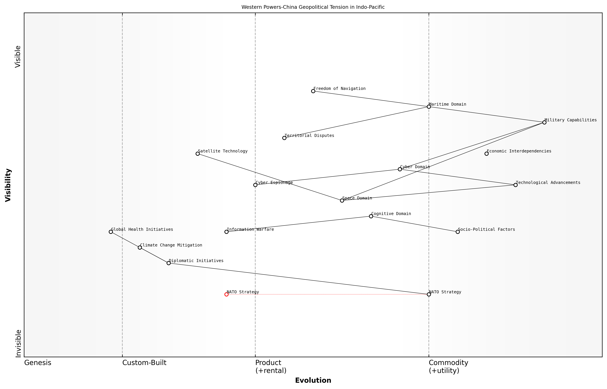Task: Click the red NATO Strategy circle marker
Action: (x=226, y=294)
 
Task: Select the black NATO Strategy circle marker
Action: (x=429, y=294)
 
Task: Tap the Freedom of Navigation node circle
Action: (x=313, y=91)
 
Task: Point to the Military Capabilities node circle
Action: (x=544, y=122)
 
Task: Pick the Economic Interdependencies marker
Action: (x=486, y=154)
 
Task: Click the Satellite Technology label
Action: (x=223, y=151)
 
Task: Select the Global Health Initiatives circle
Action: (x=111, y=232)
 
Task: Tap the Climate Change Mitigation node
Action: (x=140, y=247)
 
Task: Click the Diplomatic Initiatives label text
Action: (x=196, y=261)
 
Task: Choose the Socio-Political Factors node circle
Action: (x=457, y=232)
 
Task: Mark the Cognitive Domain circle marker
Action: (x=371, y=216)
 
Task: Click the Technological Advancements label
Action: (x=548, y=183)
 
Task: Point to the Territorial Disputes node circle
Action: (x=284, y=138)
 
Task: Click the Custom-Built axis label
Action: (x=144, y=363)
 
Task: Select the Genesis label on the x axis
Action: (x=38, y=363)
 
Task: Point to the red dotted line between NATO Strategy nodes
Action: (x=328, y=294)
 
